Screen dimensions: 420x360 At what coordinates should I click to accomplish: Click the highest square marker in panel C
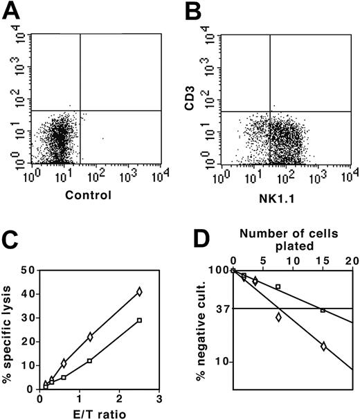139,320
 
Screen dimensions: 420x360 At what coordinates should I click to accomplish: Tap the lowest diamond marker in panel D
323,345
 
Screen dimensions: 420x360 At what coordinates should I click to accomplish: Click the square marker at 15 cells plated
323,310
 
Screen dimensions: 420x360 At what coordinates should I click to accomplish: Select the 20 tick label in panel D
352,261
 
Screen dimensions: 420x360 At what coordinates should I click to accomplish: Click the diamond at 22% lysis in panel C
91,337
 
